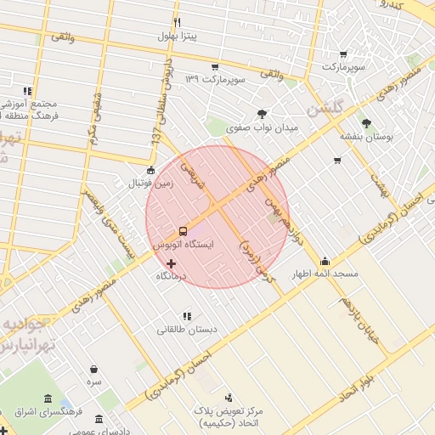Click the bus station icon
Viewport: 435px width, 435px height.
coord(183,231)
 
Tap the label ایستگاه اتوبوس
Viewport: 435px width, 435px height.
coord(183,244)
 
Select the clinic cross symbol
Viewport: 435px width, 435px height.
coord(171,264)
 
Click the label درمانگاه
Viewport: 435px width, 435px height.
coord(172,277)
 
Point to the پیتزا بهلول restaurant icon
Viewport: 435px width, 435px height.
coord(177,23)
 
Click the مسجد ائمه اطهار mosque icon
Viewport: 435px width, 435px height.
coord(325,261)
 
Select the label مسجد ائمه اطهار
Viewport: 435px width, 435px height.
coord(325,274)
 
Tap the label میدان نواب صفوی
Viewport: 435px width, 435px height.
coord(263,127)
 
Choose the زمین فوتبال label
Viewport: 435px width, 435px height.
coord(150,183)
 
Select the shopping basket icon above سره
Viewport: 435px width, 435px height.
coord(93,370)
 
